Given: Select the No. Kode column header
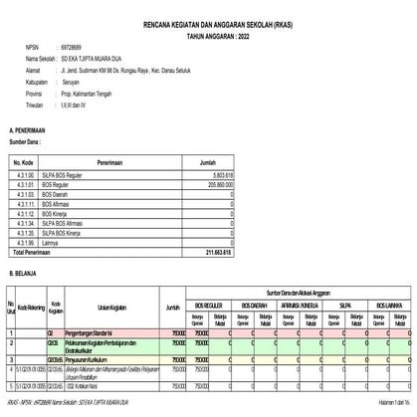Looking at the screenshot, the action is (x=24, y=159).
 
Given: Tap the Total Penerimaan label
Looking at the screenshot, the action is (x=35, y=253).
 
